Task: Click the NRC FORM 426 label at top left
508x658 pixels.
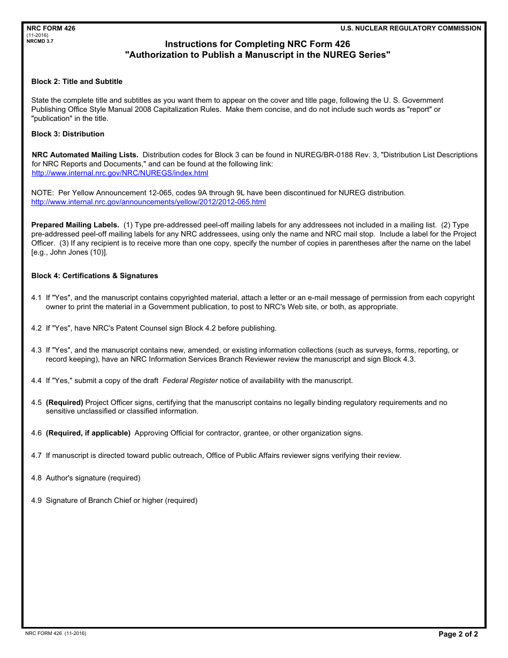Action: click(x=51, y=28)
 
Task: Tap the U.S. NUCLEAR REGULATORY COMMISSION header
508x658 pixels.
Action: click(x=411, y=28)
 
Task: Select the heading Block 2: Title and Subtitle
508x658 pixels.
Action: click(x=77, y=82)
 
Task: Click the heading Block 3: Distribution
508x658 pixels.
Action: click(x=68, y=134)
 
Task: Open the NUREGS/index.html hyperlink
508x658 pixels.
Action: click(x=120, y=173)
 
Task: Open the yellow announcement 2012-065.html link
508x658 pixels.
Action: click(x=149, y=202)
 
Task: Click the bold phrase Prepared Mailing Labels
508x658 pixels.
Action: click(x=75, y=225)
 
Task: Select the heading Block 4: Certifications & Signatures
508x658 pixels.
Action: click(x=95, y=276)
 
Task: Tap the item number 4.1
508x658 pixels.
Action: click(x=36, y=298)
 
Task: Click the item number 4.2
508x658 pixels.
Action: click(x=36, y=328)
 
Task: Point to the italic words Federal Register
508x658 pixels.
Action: click(x=190, y=381)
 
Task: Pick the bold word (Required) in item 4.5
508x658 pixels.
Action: click(x=64, y=402)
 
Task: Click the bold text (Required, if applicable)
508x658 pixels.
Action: click(x=88, y=433)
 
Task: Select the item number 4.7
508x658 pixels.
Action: click(x=36, y=456)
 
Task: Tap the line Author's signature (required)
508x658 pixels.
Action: click(x=93, y=478)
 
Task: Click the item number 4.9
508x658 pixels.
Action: click(x=36, y=501)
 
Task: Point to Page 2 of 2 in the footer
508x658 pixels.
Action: click(x=458, y=635)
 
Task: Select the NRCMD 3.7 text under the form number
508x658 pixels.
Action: click(x=40, y=41)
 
